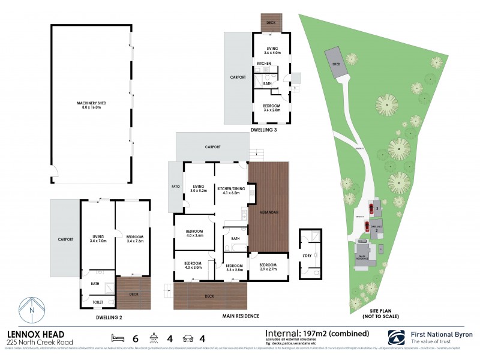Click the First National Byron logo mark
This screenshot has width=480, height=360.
(x=397, y=337)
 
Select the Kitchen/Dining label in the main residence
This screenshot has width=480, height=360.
(x=231, y=189)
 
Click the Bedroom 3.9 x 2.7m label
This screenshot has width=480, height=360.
(x=268, y=266)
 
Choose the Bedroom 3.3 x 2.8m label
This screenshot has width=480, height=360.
(x=233, y=268)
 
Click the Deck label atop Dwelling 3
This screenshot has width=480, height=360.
(x=270, y=23)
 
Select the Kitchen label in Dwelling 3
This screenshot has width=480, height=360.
(x=265, y=63)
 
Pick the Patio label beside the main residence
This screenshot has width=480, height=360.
(x=176, y=186)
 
